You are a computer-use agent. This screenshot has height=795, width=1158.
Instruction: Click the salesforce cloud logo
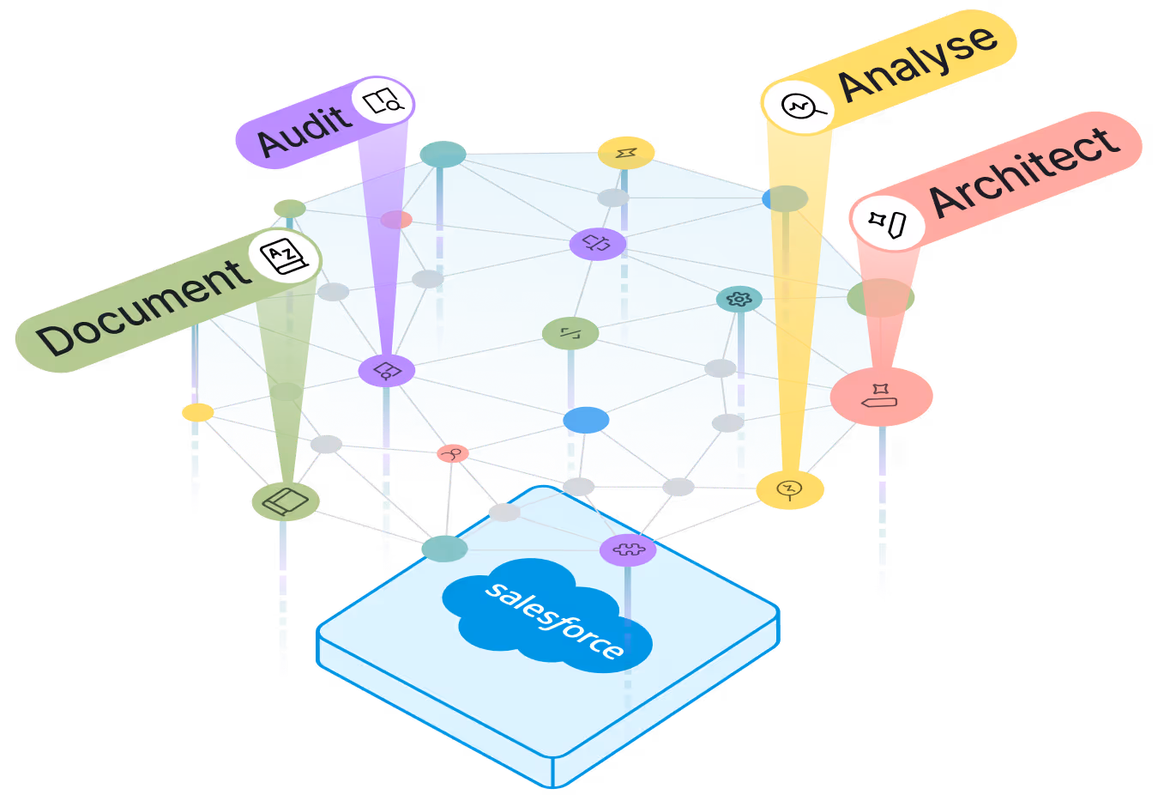(546, 614)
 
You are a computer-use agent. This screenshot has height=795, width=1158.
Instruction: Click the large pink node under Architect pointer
(880, 397)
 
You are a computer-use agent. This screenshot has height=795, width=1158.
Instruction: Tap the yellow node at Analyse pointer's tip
(789, 489)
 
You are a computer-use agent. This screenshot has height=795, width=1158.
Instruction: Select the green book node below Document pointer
(286, 501)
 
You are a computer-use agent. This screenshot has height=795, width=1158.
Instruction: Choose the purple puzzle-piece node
(628, 549)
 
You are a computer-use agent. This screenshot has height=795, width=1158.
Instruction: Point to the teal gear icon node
(739, 299)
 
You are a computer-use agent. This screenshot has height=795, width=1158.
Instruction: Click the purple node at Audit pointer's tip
(387, 371)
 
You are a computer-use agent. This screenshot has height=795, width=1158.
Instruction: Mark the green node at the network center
(570, 333)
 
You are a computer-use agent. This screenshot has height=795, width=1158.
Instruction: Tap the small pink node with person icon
(453, 452)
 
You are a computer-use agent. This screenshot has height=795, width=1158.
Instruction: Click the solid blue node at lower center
(587, 421)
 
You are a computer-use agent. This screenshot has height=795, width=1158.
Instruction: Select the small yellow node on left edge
(198, 413)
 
